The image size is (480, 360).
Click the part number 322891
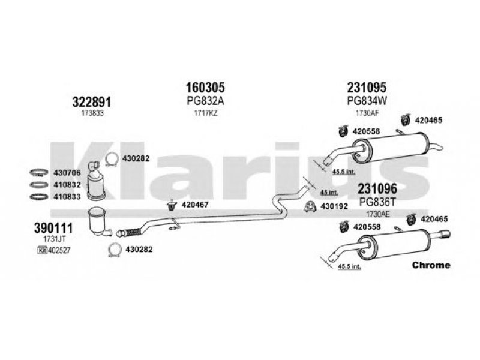click(92, 102)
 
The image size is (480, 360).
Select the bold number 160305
click(205, 88)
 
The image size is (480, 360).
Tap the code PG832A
click(205, 101)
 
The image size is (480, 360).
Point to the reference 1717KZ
click(206, 113)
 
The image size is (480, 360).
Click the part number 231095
click(367, 88)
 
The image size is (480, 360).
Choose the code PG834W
click(367, 101)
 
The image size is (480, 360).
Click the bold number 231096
click(377, 189)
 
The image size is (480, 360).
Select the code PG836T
click(377, 202)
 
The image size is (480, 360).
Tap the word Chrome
click(431, 265)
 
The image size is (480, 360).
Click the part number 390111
click(53, 228)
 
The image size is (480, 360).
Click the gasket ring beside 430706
click(39, 173)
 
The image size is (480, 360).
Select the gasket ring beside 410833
click(39, 197)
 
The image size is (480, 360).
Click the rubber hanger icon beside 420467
click(172, 205)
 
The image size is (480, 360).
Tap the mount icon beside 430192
click(310, 207)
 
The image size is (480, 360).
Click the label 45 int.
click(329, 193)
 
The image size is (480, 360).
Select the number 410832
click(67, 185)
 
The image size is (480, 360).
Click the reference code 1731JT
click(54, 239)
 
